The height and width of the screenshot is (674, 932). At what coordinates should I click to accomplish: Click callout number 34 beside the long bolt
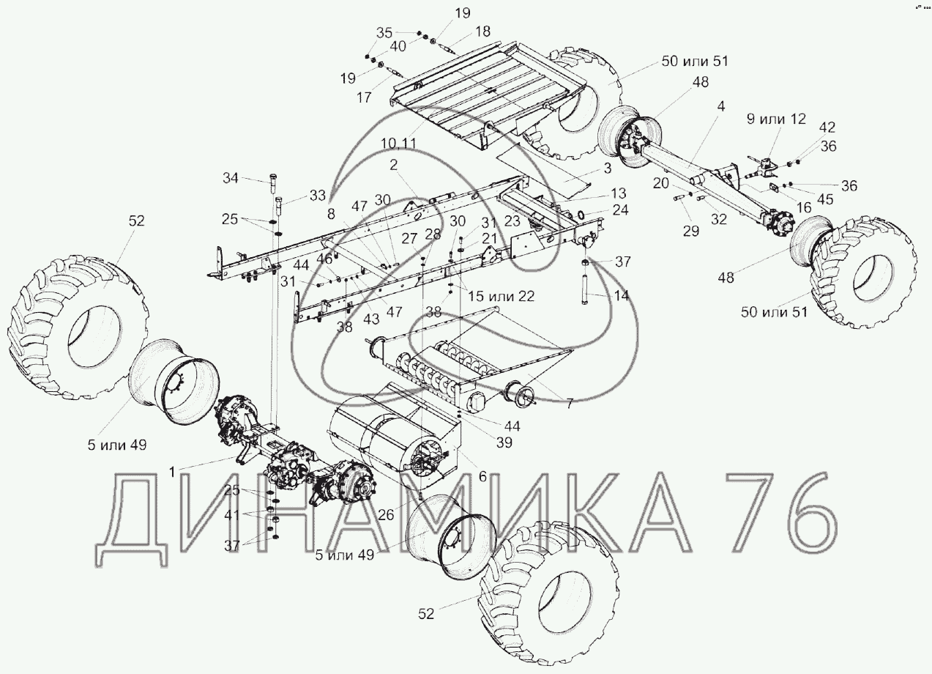tap(230, 178)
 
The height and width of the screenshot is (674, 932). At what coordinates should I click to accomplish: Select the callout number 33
tap(318, 196)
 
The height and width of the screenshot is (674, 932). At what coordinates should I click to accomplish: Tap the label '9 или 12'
tap(776, 119)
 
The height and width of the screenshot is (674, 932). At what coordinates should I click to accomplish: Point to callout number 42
tap(827, 127)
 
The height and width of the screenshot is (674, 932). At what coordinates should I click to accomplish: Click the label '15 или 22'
tap(501, 296)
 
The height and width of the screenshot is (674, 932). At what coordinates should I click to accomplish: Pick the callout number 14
tap(621, 295)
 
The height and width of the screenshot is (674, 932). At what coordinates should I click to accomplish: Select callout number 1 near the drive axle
tap(171, 472)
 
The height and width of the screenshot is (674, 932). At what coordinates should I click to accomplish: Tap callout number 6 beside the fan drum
tap(482, 476)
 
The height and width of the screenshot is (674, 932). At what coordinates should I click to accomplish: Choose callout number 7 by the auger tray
tap(570, 402)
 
